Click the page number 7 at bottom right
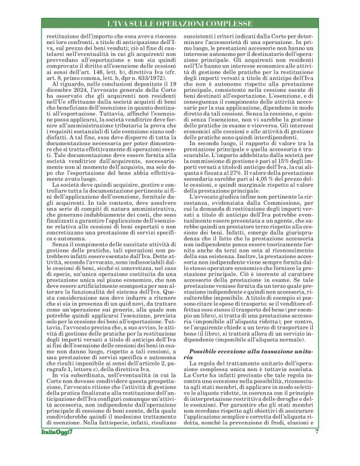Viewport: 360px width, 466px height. [x=316, y=432]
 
